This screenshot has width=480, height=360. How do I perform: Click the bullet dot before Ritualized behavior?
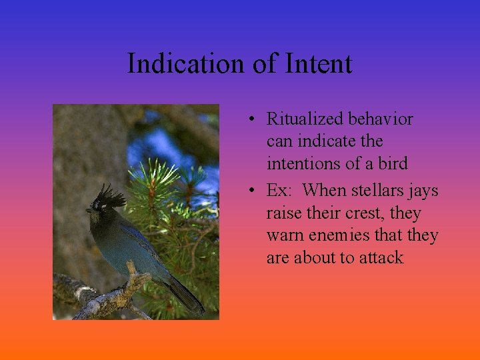250,121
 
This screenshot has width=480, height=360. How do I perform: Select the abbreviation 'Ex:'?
279,191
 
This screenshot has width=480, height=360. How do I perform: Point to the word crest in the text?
361,213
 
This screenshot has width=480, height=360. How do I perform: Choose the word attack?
381,258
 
